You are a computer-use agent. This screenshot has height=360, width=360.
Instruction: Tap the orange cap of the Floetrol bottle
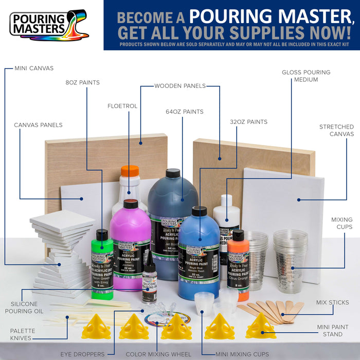[130, 171]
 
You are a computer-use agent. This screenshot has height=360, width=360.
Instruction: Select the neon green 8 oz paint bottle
[103, 265]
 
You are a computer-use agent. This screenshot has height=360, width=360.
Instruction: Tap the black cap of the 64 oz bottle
[173, 173]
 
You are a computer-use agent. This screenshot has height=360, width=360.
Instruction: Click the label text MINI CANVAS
[34, 68]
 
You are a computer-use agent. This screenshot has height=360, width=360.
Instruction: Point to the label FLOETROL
[122, 106]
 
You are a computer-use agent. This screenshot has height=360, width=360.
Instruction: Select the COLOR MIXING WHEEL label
[154, 354]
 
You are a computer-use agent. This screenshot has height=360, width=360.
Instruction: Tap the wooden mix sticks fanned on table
[270, 310]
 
